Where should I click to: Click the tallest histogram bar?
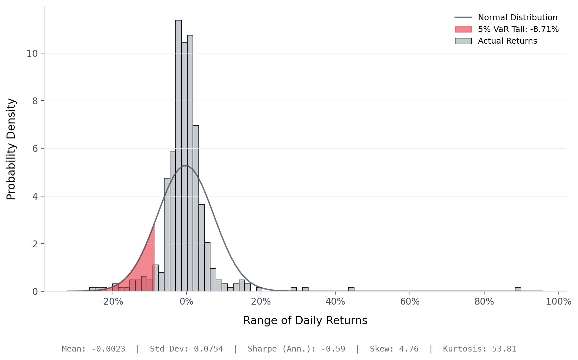pyautogui.click(x=179, y=156)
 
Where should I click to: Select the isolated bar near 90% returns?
pyautogui.click(x=518, y=289)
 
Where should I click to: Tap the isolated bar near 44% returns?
pyautogui.click(x=351, y=289)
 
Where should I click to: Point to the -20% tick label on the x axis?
pyautogui.click(x=112, y=302)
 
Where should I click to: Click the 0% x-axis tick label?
pyautogui.click(x=186, y=302)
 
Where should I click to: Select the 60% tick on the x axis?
pyautogui.click(x=410, y=302)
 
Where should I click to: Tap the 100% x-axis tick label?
pyautogui.click(x=558, y=302)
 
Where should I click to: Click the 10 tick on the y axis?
pyautogui.click(x=32, y=53)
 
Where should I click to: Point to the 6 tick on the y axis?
pyautogui.click(x=35, y=149)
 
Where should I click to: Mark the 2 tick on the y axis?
pyautogui.click(x=35, y=244)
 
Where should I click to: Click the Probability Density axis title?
pyautogui.click(x=11, y=149)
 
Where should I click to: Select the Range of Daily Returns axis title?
pyautogui.click(x=305, y=321)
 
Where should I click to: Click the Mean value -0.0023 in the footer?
pyautogui.click(x=108, y=349)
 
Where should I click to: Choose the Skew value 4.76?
pyautogui.click(x=409, y=349)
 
